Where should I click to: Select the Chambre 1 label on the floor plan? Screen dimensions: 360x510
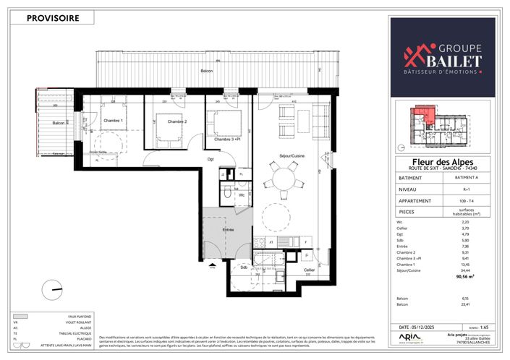[x=112, y=121]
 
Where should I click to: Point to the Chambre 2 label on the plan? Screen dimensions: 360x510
[x=177, y=121]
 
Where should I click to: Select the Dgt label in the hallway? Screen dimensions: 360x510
[x=211, y=160]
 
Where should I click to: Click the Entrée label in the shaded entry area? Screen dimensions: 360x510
[x=228, y=229]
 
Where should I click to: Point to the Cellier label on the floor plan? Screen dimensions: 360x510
[x=309, y=270]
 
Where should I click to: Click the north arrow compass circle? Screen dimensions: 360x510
[x=52, y=290]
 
